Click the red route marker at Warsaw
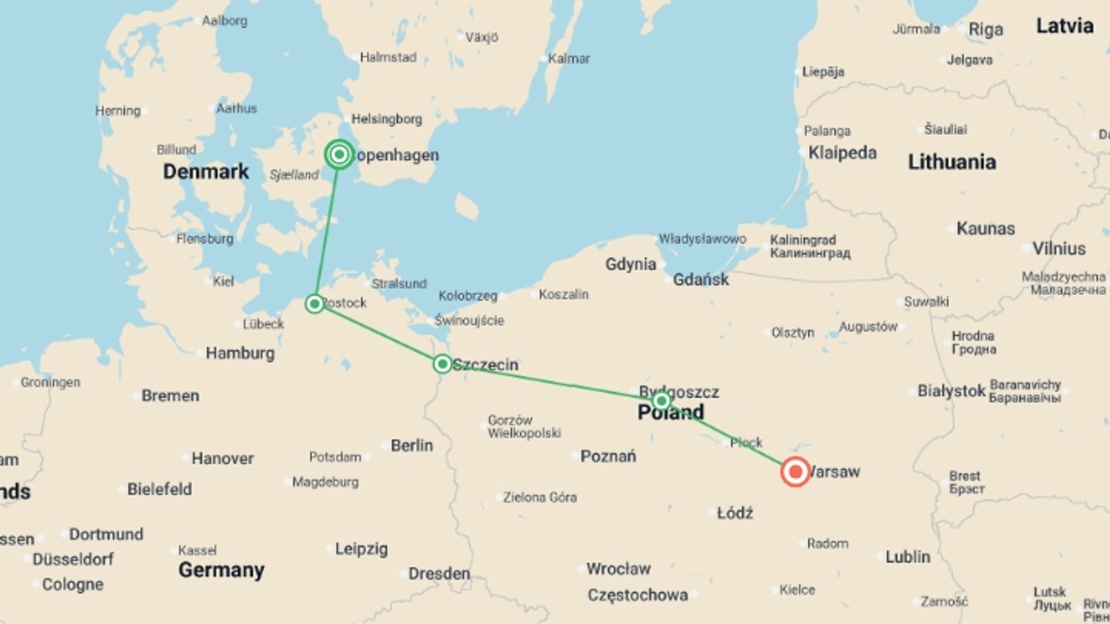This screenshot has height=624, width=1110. coord(795,471)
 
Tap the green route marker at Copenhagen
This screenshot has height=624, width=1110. coord(339,154)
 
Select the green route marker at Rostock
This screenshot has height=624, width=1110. coord(314,303)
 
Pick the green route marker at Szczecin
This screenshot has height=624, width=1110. coord(442,364)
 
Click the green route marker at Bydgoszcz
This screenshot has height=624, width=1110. coord(661,400)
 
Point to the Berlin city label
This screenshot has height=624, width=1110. coord(412,445)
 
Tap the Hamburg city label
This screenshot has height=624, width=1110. coord(240,353)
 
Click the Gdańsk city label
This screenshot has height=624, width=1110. coord(701,280)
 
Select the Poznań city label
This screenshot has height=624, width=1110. coord(608,456)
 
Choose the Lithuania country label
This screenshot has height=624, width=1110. coord(952,162)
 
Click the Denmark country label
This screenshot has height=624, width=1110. coord(206,172)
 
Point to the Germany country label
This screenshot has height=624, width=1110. coord(221,570)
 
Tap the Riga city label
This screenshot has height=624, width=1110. coord(986,29)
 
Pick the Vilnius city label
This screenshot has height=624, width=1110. coord(1059,249)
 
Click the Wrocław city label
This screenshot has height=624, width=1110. coord(619,569)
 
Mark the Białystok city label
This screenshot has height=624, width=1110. coord(952,391)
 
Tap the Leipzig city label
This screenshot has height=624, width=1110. coord(361,549)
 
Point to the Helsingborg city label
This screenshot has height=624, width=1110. coord(387,119)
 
